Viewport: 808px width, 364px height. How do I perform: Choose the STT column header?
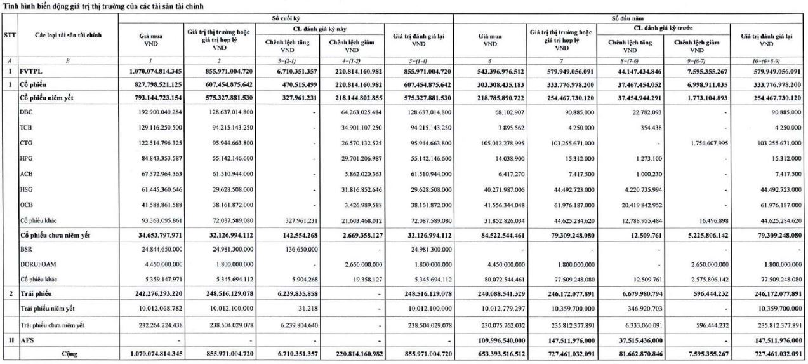[x=10, y=36]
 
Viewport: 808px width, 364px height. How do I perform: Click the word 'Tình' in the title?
[x=10, y=6]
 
